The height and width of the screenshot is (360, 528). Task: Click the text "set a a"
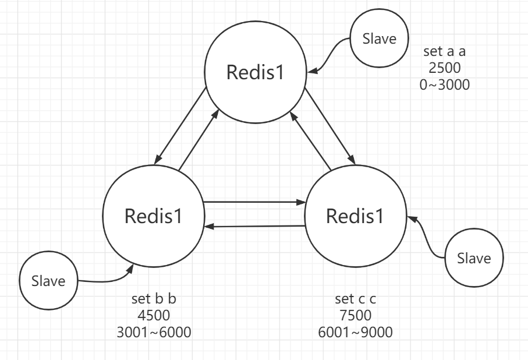pyautogui.click(x=445, y=51)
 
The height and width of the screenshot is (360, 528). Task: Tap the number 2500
pyautogui.click(x=445, y=68)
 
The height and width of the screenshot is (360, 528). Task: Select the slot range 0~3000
pyautogui.click(x=445, y=84)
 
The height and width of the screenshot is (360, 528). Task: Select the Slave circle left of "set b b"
pyautogui.click(x=49, y=282)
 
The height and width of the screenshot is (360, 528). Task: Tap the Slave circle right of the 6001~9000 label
pyautogui.click(x=474, y=257)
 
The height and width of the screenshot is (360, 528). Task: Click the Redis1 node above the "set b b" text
pyautogui.click(x=154, y=216)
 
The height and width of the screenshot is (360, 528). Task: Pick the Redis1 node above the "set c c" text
pyautogui.click(x=356, y=216)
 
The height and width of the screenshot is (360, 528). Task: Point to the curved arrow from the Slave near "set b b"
pyautogui.click(x=105, y=280)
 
